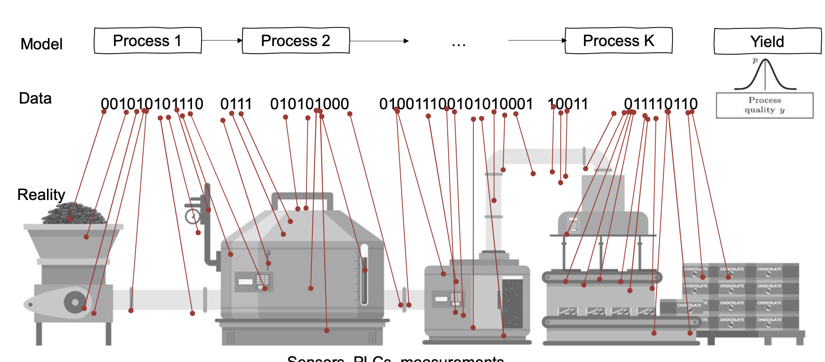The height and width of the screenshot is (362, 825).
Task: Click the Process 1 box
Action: (x=148, y=41)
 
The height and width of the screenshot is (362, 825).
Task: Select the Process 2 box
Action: (x=296, y=41)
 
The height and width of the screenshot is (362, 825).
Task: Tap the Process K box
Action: (x=618, y=41)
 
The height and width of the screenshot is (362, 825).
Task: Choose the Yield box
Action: (x=767, y=42)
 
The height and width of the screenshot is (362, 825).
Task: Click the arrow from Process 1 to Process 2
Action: (x=222, y=40)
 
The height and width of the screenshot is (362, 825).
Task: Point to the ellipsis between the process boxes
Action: (x=459, y=44)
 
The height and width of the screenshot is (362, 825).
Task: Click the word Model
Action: (x=41, y=44)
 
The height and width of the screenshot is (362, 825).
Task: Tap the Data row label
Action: (x=35, y=98)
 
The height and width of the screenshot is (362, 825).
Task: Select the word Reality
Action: (x=41, y=195)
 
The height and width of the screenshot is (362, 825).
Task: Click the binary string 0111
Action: (x=236, y=104)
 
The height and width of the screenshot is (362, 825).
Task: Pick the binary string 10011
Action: (x=568, y=104)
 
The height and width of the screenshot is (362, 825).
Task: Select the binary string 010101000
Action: (x=309, y=104)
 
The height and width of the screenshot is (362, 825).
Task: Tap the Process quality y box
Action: (x=765, y=105)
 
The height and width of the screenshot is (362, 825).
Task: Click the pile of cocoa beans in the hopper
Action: (x=74, y=214)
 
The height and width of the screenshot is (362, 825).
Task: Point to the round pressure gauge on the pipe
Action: (x=192, y=217)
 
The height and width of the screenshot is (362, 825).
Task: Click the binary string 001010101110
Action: (x=152, y=104)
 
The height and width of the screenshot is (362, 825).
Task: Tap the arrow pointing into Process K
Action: (x=537, y=40)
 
